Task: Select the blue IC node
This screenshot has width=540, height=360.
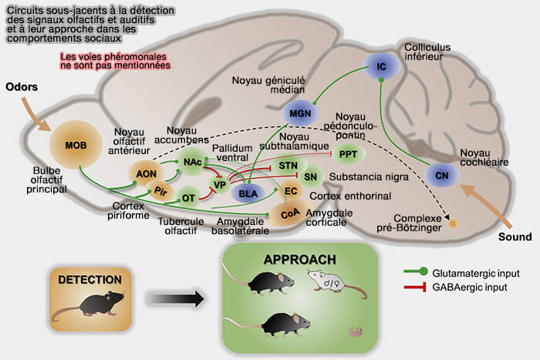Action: click(380, 68)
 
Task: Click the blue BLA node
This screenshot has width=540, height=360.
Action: click(248, 193)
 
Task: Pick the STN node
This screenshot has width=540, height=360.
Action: click(289, 167)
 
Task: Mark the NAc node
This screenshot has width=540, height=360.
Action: click(193, 162)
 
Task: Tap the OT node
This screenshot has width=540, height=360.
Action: click(188, 198)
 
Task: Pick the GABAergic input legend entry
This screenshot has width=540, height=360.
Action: click(467, 288)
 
